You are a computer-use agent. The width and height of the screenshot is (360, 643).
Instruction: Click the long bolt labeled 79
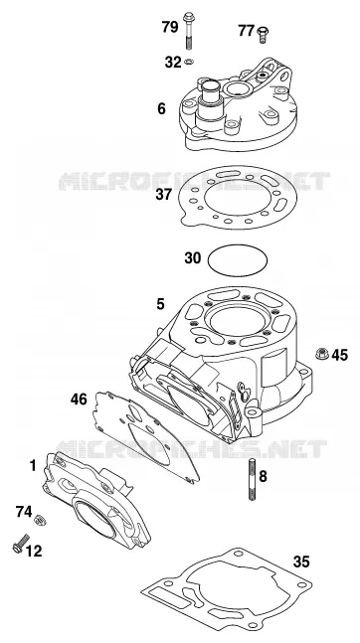(188, 31)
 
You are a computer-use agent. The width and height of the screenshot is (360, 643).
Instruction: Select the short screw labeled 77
(262, 34)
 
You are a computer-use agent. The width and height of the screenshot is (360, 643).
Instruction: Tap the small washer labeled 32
(189, 62)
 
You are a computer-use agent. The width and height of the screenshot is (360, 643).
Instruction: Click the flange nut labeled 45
(322, 353)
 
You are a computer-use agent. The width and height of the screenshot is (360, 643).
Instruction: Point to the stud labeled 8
(252, 480)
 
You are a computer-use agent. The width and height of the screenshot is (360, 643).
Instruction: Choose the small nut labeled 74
(40, 520)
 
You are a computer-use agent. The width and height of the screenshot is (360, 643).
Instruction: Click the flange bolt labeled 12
(21, 544)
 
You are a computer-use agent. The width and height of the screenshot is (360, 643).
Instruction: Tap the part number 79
(170, 27)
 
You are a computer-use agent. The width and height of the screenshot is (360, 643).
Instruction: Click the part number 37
(163, 194)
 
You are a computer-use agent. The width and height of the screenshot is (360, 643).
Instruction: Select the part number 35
(301, 562)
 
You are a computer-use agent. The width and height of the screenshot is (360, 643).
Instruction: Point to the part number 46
(79, 399)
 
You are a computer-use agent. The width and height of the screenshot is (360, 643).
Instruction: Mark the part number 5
(160, 304)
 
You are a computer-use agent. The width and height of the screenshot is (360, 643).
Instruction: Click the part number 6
(161, 108)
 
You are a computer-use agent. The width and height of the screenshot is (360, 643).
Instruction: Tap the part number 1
(33, 466)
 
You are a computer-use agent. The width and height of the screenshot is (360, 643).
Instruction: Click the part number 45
(339, 355)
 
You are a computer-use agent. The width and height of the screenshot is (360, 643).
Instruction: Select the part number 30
(193, 258)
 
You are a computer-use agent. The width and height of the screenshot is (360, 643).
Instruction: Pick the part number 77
(246, 31)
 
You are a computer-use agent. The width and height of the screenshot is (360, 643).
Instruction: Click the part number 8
(263, 476)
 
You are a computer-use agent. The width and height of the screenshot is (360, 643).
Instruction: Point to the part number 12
(34, 552)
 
